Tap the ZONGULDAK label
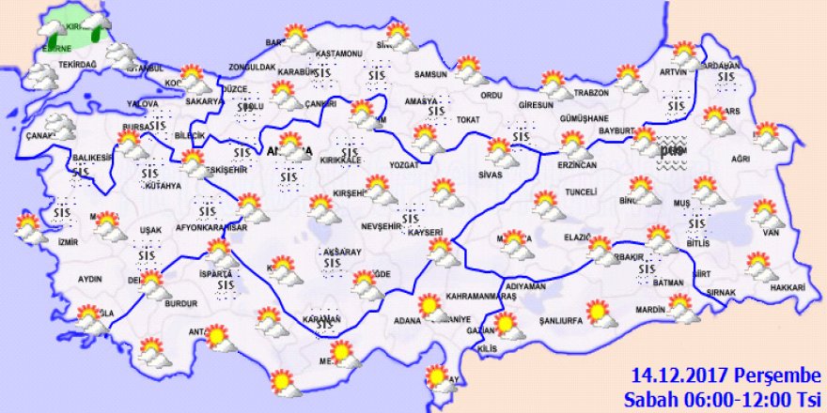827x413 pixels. click(x=254, y=69)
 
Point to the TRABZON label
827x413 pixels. click(x=592, y=93)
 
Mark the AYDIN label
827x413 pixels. click(x=90, y=279)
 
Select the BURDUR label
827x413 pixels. click(x=181, y=305)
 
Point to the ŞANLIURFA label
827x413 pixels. click(x=562, y=321)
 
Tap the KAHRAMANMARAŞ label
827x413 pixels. click(x=482, y=297)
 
